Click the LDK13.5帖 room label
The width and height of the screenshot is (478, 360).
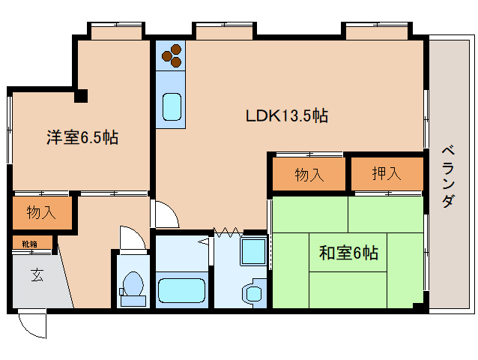pos(287,116)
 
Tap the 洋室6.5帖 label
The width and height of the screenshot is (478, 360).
pos(82,137)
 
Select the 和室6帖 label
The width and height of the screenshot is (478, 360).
pos(348,253)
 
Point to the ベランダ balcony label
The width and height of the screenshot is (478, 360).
pos(447,175)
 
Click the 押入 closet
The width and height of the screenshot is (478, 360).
pos(387,174)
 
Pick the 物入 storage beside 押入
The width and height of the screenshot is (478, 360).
pos(309,175)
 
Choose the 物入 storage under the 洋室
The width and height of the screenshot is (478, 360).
pos(41,212)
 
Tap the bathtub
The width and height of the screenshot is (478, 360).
pos(182,290)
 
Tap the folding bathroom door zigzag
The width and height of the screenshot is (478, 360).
pos(226,231)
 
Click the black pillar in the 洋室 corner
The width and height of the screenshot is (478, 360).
pos(82,95)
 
